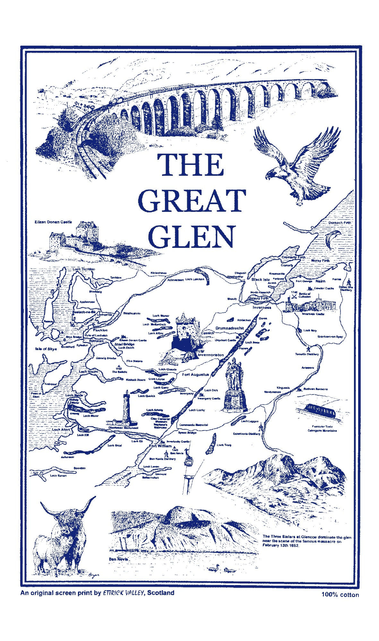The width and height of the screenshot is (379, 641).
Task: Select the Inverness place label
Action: coord(262,307)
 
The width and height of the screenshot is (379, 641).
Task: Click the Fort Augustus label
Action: coord(195,375)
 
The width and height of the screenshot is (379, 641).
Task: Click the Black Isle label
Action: coord(261,279)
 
